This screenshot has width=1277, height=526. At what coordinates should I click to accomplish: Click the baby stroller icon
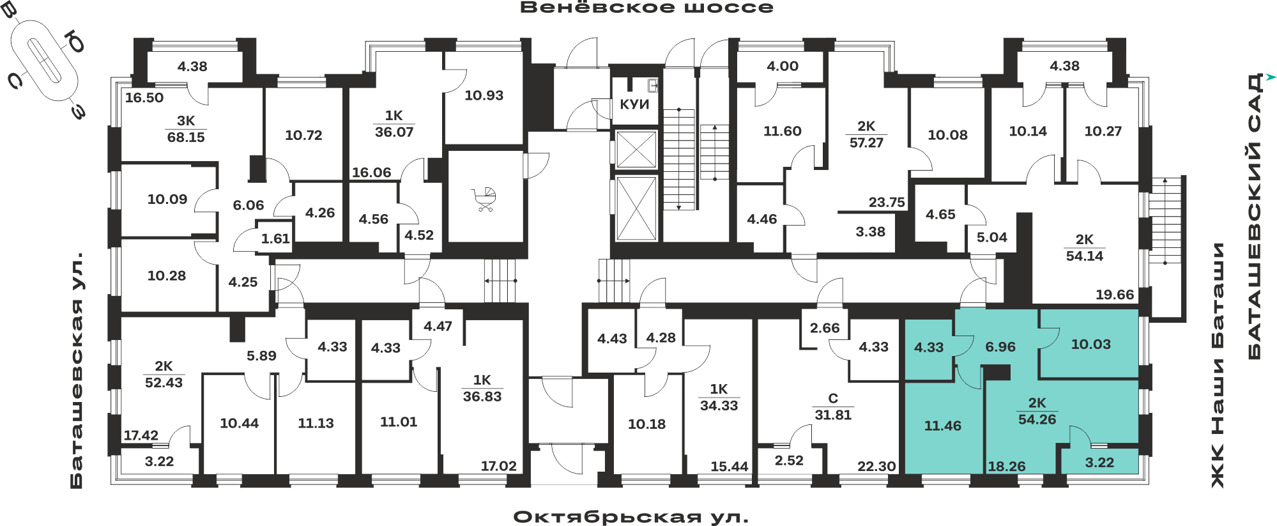484,199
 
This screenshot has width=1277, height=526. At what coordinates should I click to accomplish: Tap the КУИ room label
634,104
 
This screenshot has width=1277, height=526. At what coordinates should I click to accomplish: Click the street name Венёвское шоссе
646,8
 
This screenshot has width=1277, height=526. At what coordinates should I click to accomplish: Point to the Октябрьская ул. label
631,516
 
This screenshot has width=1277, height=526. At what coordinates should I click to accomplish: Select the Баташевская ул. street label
77,371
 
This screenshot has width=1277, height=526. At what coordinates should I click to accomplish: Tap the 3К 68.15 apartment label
186,129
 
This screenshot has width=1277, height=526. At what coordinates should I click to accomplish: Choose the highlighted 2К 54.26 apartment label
1037,411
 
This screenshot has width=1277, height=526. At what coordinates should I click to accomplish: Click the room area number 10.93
484,95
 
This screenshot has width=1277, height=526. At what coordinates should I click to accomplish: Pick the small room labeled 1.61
275,238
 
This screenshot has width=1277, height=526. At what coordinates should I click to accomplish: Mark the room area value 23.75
887,202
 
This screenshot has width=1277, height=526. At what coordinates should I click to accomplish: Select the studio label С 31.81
833,406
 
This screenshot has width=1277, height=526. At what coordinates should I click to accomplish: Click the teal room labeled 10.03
1090,344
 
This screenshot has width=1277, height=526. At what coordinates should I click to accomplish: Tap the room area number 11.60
782,131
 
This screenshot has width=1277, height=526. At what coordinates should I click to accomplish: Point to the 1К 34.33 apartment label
719,397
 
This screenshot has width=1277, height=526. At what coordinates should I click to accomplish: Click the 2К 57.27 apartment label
866,134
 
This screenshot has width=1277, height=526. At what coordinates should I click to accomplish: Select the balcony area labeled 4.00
783,66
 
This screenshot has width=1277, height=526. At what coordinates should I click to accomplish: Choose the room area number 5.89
261,355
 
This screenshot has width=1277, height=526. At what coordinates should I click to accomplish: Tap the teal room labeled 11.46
942,426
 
